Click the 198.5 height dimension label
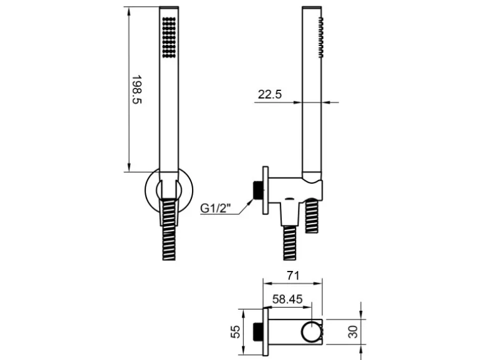(x=137, y=90)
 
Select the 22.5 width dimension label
(x=269, y=94)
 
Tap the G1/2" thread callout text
(x=215, y=208)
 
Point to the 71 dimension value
(x=293, y=276)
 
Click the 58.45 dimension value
(x=287, y=299)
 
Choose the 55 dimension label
(x=236, y=331)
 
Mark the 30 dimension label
(x=353, y=332)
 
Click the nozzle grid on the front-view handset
(x=169, y=37)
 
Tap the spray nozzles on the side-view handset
(x=320, y=37)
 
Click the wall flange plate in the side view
(x=266, y=190)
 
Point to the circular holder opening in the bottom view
(x=311, y=332)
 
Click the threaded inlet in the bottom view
(x=257, y=332)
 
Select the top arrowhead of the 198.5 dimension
(x=129, y=11)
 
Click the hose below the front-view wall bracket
(x=169, y=229)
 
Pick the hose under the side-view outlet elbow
(x=289, y=243)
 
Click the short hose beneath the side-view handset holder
(x=312, y=216)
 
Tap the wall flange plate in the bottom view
(x=266, y=332)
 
